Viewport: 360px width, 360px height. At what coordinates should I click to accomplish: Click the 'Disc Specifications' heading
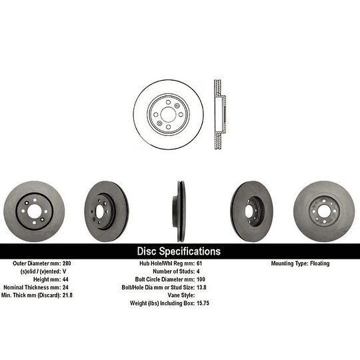(x=178, y=251)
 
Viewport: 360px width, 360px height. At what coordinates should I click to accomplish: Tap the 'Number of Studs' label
(x=173, y=271)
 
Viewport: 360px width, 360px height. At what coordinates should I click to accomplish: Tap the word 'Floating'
(x=319, y=263)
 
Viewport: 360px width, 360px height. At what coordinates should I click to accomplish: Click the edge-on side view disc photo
(x=180, y=211)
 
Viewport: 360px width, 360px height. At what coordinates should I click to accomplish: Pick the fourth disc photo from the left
(x=252, y=211)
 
